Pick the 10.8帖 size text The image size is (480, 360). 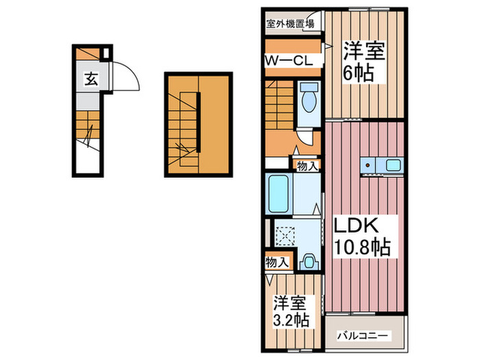tap(361, 247)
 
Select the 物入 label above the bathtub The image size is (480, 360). tap(307, 165)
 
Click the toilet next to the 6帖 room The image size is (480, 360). tap(308, 100)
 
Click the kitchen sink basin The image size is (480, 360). tap(393, 165)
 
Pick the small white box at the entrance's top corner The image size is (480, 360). tap(105, 53)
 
